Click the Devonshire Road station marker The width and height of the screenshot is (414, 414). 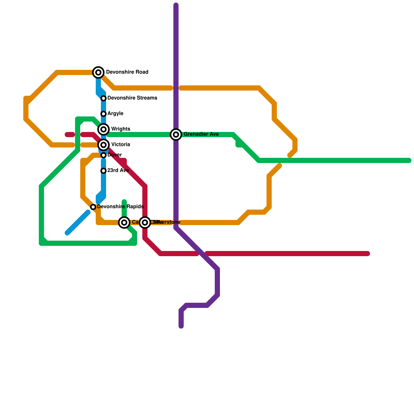(x=98, y=72)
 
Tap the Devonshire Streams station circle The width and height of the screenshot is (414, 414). (x=103, y=98)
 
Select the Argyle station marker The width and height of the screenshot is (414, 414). (x=103, y=114)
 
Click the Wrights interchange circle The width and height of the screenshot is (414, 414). (x=103, y=129)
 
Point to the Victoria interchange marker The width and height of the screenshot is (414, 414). (x=103, y=145)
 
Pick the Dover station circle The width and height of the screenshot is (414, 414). (x=103, y=155)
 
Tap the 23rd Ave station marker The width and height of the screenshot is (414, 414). (x=103, y=171)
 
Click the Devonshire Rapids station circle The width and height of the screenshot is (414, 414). (x=93, y=207)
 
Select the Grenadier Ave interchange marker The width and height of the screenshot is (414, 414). (x=176, y=135)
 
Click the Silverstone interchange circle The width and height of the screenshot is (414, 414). (x=145, y=223)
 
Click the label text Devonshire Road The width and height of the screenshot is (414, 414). (x=127, y=72)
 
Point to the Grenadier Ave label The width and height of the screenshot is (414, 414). (x=201, y=134)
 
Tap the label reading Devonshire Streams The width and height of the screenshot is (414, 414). (x=132, y=98)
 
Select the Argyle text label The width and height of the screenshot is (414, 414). (x=115, y=114)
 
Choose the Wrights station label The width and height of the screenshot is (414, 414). (x=121, y=129)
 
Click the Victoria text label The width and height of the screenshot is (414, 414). (x=121, y=145)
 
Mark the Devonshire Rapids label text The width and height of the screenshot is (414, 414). (x=120, y=207)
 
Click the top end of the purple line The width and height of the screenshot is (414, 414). (x=176, y=5)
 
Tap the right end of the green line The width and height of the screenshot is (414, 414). (x=409, y=160)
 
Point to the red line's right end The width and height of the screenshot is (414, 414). (x=368, y=254)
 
